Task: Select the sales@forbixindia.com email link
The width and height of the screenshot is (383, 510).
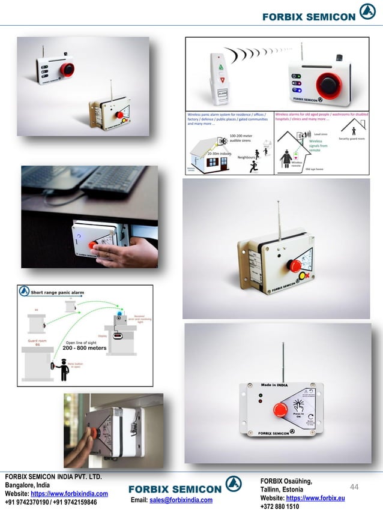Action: click(x=181, y=500)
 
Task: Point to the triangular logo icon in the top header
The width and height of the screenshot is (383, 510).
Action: click(x=367, y=13)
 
